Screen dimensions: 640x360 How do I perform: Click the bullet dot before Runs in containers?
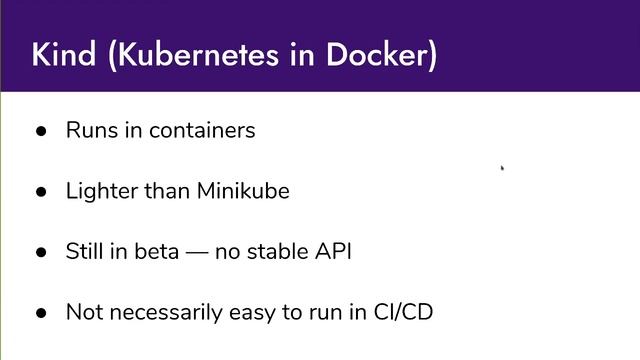41,131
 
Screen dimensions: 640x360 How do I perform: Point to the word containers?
204,130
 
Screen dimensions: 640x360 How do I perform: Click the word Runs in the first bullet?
88,130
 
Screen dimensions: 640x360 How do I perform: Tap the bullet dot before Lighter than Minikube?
41,191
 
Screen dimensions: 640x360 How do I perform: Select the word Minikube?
244,190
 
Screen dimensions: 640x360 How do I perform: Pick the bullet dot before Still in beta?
41,251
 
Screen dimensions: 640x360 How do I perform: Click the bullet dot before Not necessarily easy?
41,312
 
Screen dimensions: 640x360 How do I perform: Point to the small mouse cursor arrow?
502,168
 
